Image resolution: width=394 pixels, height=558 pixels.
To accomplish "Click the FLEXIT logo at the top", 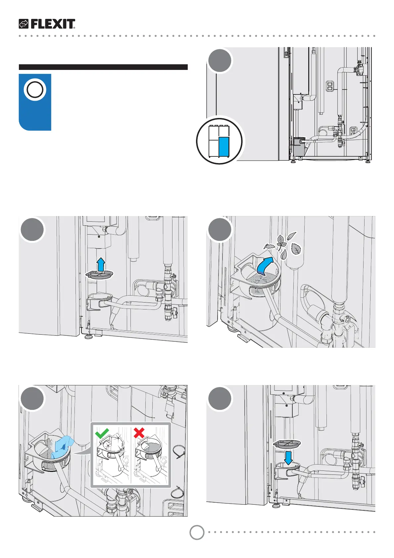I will pos(47,24).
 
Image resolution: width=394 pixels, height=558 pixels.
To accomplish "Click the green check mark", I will pos(102,433).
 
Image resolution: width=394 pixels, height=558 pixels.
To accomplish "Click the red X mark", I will pos(139,433).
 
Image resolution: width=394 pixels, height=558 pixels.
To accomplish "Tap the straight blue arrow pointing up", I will pos(101,265).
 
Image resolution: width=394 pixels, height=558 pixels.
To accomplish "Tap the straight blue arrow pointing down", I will pos(288,457).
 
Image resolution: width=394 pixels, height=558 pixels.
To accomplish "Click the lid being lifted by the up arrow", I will pos(99,274).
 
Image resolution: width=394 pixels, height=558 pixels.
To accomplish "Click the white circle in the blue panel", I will pos(35,89).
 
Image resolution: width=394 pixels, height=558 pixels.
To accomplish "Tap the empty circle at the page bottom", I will pos(197,532).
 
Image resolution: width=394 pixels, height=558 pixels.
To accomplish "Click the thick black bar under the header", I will pos(103,67).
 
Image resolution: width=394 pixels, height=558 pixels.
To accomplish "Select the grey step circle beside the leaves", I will pos(220,229).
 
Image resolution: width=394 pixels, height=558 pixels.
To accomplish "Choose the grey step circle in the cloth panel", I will pos(32,399).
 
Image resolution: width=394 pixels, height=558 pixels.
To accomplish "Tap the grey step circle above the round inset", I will pos(220,61).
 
